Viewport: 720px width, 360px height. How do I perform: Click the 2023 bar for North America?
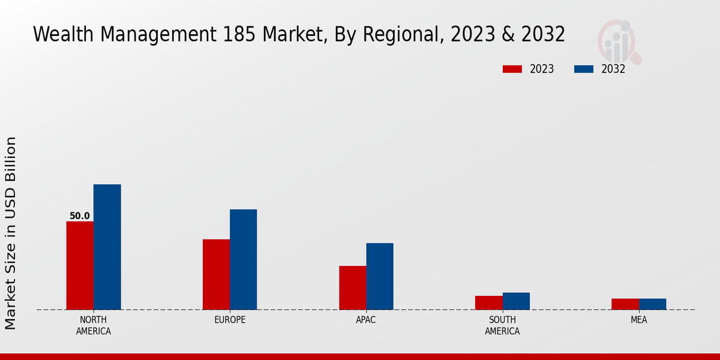tap(80, 265)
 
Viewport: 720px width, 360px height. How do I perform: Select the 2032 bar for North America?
tap(107, 247)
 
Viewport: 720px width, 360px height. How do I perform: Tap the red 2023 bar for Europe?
tap(216, 274)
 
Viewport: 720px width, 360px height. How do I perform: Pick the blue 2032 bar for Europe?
tap(243, 259)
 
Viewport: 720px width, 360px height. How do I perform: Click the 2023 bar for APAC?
tap(352, 287)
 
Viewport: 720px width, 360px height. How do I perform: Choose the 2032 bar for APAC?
tap(380, 276)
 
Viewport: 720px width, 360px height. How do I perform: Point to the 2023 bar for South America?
tap(488, 302)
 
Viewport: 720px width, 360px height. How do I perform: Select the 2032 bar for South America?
tap(516, 301)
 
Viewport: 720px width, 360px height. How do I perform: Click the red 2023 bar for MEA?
tap(625, 304)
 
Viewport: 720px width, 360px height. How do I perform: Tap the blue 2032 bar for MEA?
tap(652, 304)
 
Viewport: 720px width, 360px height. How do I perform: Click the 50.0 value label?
tap(80, 216)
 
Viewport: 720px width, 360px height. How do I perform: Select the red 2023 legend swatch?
tap(512, 69)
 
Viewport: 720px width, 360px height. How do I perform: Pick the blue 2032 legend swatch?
tap(583, 69)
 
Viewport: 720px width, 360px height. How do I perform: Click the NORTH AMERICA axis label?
tap(94, 325)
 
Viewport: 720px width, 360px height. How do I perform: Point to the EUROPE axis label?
tap(230, 320)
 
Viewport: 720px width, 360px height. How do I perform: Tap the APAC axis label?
tap(366, 320)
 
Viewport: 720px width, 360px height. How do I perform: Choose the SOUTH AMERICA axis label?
tap(502, 325)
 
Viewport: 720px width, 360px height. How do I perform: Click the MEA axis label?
tap(638, 320)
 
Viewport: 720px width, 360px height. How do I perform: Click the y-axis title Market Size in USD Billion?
tap(11, 233)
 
